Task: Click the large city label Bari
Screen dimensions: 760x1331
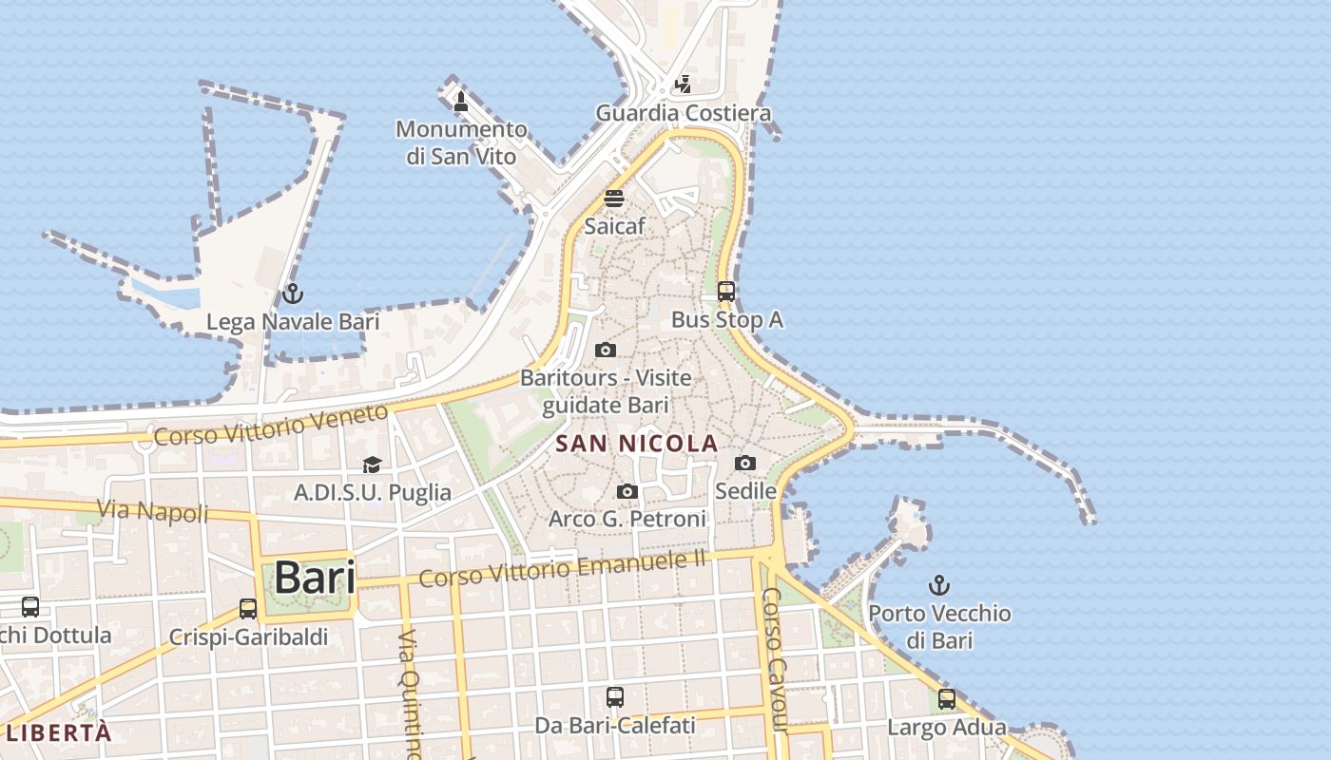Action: coord(315,578)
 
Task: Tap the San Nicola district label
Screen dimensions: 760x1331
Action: coord(636,444)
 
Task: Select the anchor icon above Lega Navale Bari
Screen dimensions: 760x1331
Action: coord(292,294)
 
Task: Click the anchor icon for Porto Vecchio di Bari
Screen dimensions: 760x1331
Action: coord(939,585)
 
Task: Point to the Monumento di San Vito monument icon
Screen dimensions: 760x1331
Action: coord(461,101)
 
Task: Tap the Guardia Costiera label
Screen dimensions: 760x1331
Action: coord(683,113)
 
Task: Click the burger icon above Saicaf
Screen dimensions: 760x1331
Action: coord(614,199)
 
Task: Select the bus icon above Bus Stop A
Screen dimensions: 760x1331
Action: coord(726,292)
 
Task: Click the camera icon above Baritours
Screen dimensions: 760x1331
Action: coord(605,351)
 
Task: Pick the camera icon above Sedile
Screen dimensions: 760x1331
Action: coord(745,464)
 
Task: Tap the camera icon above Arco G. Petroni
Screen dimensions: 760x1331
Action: coord(627,491)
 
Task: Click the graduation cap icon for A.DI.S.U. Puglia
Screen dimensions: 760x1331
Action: coord(372,465)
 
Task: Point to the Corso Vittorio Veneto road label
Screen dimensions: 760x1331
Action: coord(271,425)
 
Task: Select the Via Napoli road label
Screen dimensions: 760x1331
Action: coord(152,511)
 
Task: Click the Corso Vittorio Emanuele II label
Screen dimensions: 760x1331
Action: coord(562,567)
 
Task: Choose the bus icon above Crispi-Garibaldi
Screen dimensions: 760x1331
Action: coord(248,608)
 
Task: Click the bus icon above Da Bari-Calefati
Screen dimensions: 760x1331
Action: coord(615,697)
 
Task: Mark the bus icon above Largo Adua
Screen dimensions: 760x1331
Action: coord(946,699)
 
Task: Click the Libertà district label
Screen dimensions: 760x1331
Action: coord(58,732)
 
